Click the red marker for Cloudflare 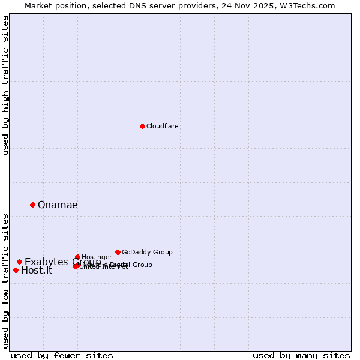(x=142, y=126)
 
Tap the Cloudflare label (x=162, y=126)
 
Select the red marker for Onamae (x=32, y=205)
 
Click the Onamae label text (x=58, y=205)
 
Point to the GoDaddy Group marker (x=118, y=252)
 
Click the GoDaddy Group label (x=147, y=252)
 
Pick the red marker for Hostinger (x=77, y=257)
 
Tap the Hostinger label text (x=97, y=257)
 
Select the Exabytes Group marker (x=19, y=262)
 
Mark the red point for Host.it (x=16, y=270)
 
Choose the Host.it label (x=37, y=270)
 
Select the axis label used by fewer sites (x=61, y=355)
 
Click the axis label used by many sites (x=301, y=355)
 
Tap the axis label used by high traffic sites (x=5, y=85)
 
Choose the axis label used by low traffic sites (x=5, y=281)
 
